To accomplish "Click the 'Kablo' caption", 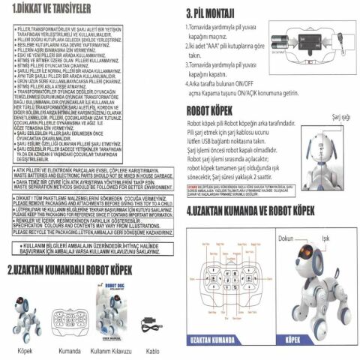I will point(153,350).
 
